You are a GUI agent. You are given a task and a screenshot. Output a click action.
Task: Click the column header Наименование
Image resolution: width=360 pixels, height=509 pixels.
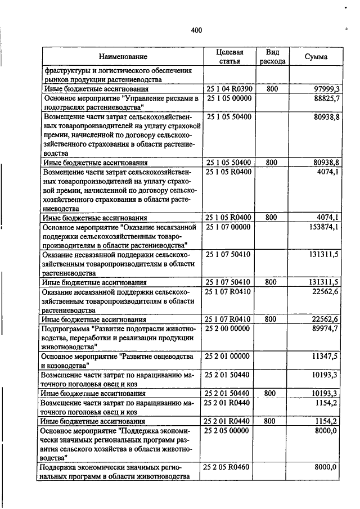tap(123, 57)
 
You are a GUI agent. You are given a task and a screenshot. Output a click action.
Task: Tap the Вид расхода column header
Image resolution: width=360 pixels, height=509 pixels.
tap(273, 56)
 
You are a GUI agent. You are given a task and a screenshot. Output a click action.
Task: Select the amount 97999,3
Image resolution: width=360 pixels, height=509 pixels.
tap(322, 89)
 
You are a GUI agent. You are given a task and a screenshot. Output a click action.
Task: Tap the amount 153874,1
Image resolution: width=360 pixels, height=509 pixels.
tap(320, 227)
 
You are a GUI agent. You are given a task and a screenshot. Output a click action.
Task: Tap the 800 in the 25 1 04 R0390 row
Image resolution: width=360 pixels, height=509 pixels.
tap(272, 89)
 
